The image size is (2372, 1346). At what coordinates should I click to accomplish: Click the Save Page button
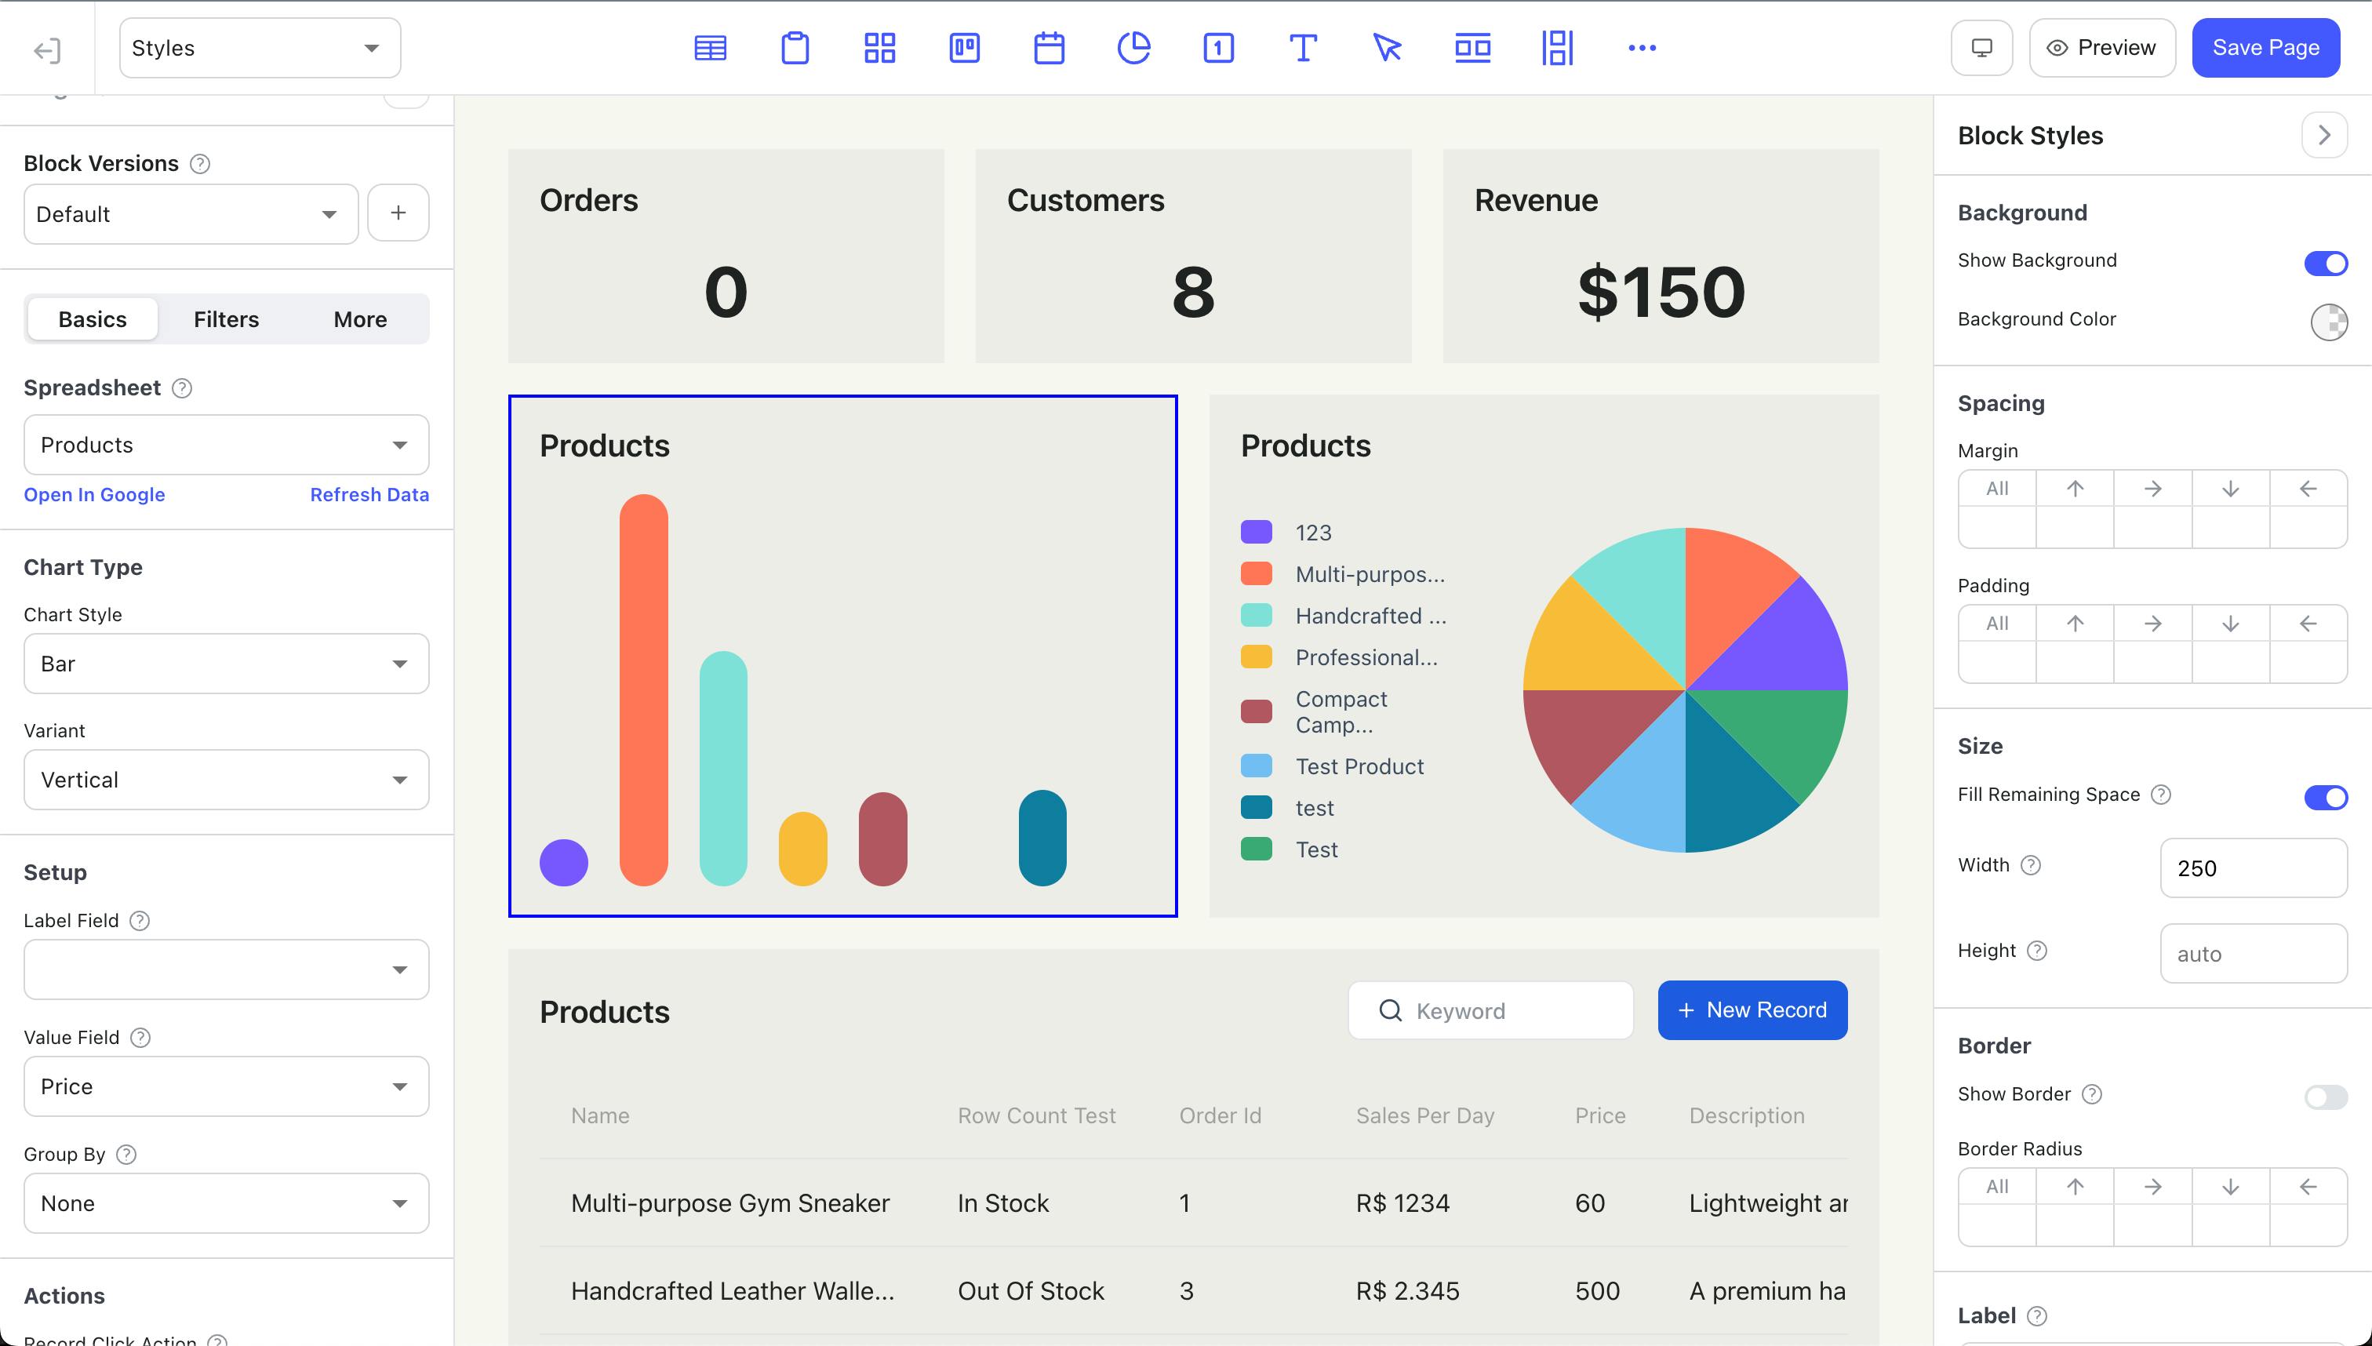pyautogui.click(x=2265, y=48)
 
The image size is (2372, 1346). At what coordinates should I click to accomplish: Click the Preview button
pyautogui.click(x=2101, y=48)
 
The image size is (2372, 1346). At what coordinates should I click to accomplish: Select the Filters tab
pyautogui.click(x=227, y=319)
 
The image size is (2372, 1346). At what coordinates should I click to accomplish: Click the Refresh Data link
pyautogui.click(x=369, y=495)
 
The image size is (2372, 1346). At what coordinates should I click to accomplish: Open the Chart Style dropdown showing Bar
pyautogui.click(x=227, y=664)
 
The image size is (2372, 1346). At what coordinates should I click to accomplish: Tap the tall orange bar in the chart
pyautogui.click(x=643, y=689)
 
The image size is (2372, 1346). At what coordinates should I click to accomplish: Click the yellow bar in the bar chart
pyautogui.click(x=802, y=849)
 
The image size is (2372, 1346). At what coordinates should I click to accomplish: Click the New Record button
pyautogui.click(x=1752, y=1010)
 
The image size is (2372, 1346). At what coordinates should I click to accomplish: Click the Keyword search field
pyautogui.click(x=1490, y=1010)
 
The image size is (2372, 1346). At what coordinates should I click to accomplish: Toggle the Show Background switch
pyautogui.click(x=2326, y=264)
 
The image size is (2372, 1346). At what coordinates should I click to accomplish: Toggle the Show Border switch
pyautogui.click(x=2326, y=1097)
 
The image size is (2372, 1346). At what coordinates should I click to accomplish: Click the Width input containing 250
pyautogui.click(x=2253, y=868)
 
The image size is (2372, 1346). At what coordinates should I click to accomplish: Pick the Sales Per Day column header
pyautogui.click(x=1424, y=1116)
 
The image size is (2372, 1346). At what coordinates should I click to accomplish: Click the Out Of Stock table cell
pyautogui.click(x=1031, y=1290)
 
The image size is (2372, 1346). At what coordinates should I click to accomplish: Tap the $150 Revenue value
pyautogui.click(x=1661, y=292)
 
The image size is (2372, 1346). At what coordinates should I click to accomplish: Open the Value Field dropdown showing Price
pyautogui.click(x=227, y=1086)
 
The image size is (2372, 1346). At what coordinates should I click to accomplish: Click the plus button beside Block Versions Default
pyautogui.click(x=398, y=213)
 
